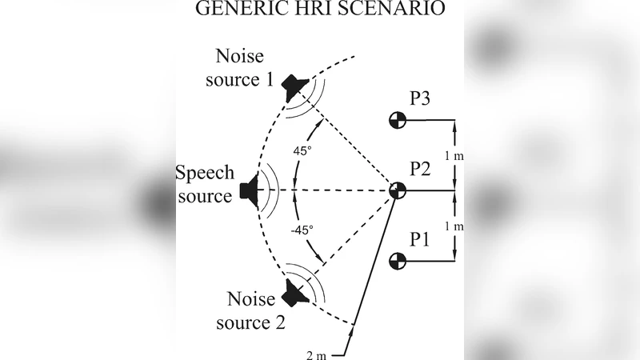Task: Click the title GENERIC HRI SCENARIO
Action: point(320,10)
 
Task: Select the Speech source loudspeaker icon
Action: point(249,191)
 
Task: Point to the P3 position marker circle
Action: point(398,120)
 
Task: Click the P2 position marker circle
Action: point(398,191)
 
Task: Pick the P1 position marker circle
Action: point(398,260)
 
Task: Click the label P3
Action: point(421,99)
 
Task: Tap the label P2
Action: point(421,169)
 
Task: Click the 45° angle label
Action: point(302,152)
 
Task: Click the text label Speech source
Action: point(205,183)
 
